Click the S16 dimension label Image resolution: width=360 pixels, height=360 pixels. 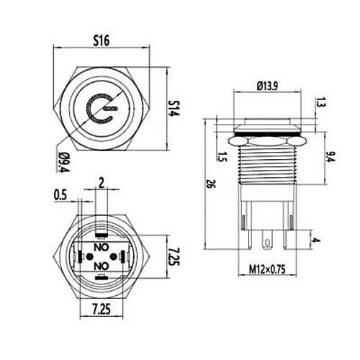(x=102, y=40)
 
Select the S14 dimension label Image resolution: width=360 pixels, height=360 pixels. (x=174, y=108)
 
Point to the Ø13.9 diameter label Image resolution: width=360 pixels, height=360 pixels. (x=267, y=86)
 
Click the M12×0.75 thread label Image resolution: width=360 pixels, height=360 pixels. (x=267, y=269)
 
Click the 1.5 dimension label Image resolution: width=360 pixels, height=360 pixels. (x=222, y=157)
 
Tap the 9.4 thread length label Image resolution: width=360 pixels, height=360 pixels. (x=331, y=157)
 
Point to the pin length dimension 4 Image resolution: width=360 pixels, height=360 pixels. (x=317, y=240)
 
